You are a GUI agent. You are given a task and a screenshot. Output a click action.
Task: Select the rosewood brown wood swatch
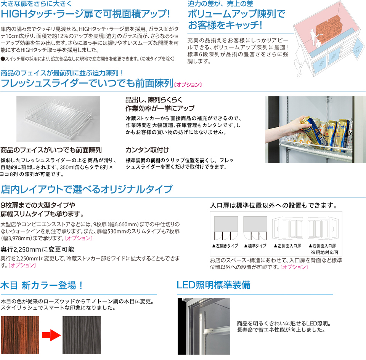[x=20, y=335]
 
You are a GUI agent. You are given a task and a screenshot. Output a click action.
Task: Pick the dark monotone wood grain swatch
[x=81, y=335]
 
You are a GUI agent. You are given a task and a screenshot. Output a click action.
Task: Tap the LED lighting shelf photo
[x=204, y=326]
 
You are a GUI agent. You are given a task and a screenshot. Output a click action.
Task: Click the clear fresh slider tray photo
[x=58, y=114]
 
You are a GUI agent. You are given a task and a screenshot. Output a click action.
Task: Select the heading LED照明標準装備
[x=213, y=285]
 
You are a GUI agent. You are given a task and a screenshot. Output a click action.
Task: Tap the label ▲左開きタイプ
[x=225, y=246]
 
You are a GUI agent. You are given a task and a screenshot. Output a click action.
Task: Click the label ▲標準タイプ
[x=255, y=246]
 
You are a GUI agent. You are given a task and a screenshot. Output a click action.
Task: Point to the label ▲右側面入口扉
[x=323, y=246]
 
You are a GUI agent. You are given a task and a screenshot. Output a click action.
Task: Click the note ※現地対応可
[x=324, y=252]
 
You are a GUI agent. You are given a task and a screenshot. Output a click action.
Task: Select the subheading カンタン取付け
[x=147, y=149]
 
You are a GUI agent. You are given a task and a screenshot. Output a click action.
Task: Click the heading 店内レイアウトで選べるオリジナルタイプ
[x=87, y=189]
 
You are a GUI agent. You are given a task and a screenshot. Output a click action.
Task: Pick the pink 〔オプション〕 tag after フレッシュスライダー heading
[x=188, y=84]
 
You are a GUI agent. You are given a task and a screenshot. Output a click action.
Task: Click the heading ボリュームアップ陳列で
[x=236, y=14]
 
